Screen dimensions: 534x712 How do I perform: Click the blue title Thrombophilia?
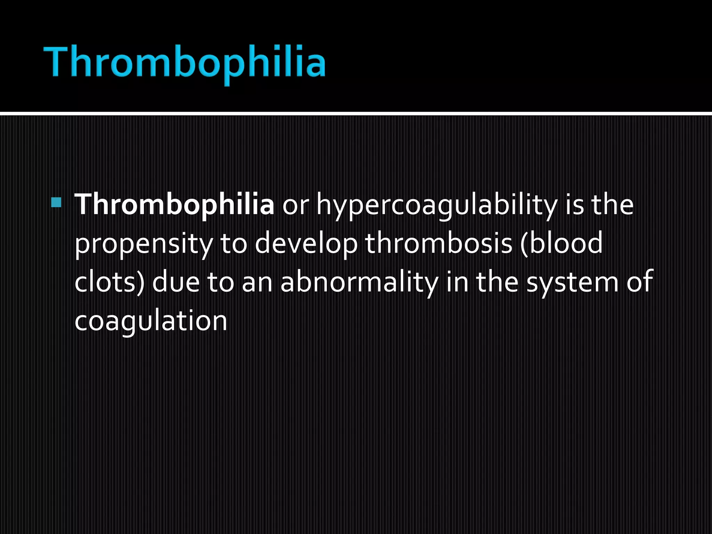(x=185, y=63)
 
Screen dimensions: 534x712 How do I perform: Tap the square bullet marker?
(x=56, y=202)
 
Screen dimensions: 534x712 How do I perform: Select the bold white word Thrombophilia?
(x=174, y=204)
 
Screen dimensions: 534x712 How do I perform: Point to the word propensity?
(x=143, y=244)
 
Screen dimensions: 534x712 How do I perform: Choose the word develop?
(x=306, y=244)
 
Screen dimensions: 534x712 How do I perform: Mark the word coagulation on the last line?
(x=151, y=321)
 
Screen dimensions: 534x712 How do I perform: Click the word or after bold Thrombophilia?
(x=295, y=206)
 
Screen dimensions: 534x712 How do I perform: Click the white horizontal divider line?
(x=356, y=114)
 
